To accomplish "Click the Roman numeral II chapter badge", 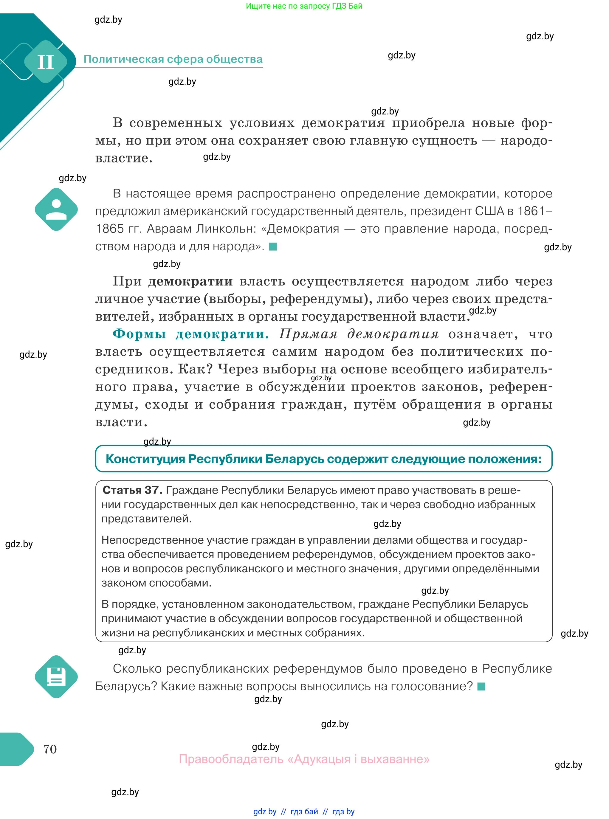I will click(x=45, y=62).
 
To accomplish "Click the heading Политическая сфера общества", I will click(x=173, y=59).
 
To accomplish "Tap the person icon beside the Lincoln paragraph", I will click(x=56, y=209).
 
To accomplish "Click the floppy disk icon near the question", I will click(x=56, y=677).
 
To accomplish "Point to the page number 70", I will click(x=50, y=749).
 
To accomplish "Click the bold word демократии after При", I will click(x=190, y=281).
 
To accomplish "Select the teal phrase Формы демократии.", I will click(x=190, y=334).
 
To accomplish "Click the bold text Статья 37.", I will click(x=132, y=490).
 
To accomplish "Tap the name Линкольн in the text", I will click(x=226, y=229).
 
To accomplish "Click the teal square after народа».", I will click(x=273, y=246).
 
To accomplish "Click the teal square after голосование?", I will click(x=481, y=686).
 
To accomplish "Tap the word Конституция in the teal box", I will click(x=145, y=459).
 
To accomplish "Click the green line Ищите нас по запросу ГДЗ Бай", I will click(x=304, y=6).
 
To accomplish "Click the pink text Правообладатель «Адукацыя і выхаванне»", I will click(x=304, y=759).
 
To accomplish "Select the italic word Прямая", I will click(x=308, y=334).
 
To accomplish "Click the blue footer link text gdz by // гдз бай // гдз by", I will click(x=304, y=811).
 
